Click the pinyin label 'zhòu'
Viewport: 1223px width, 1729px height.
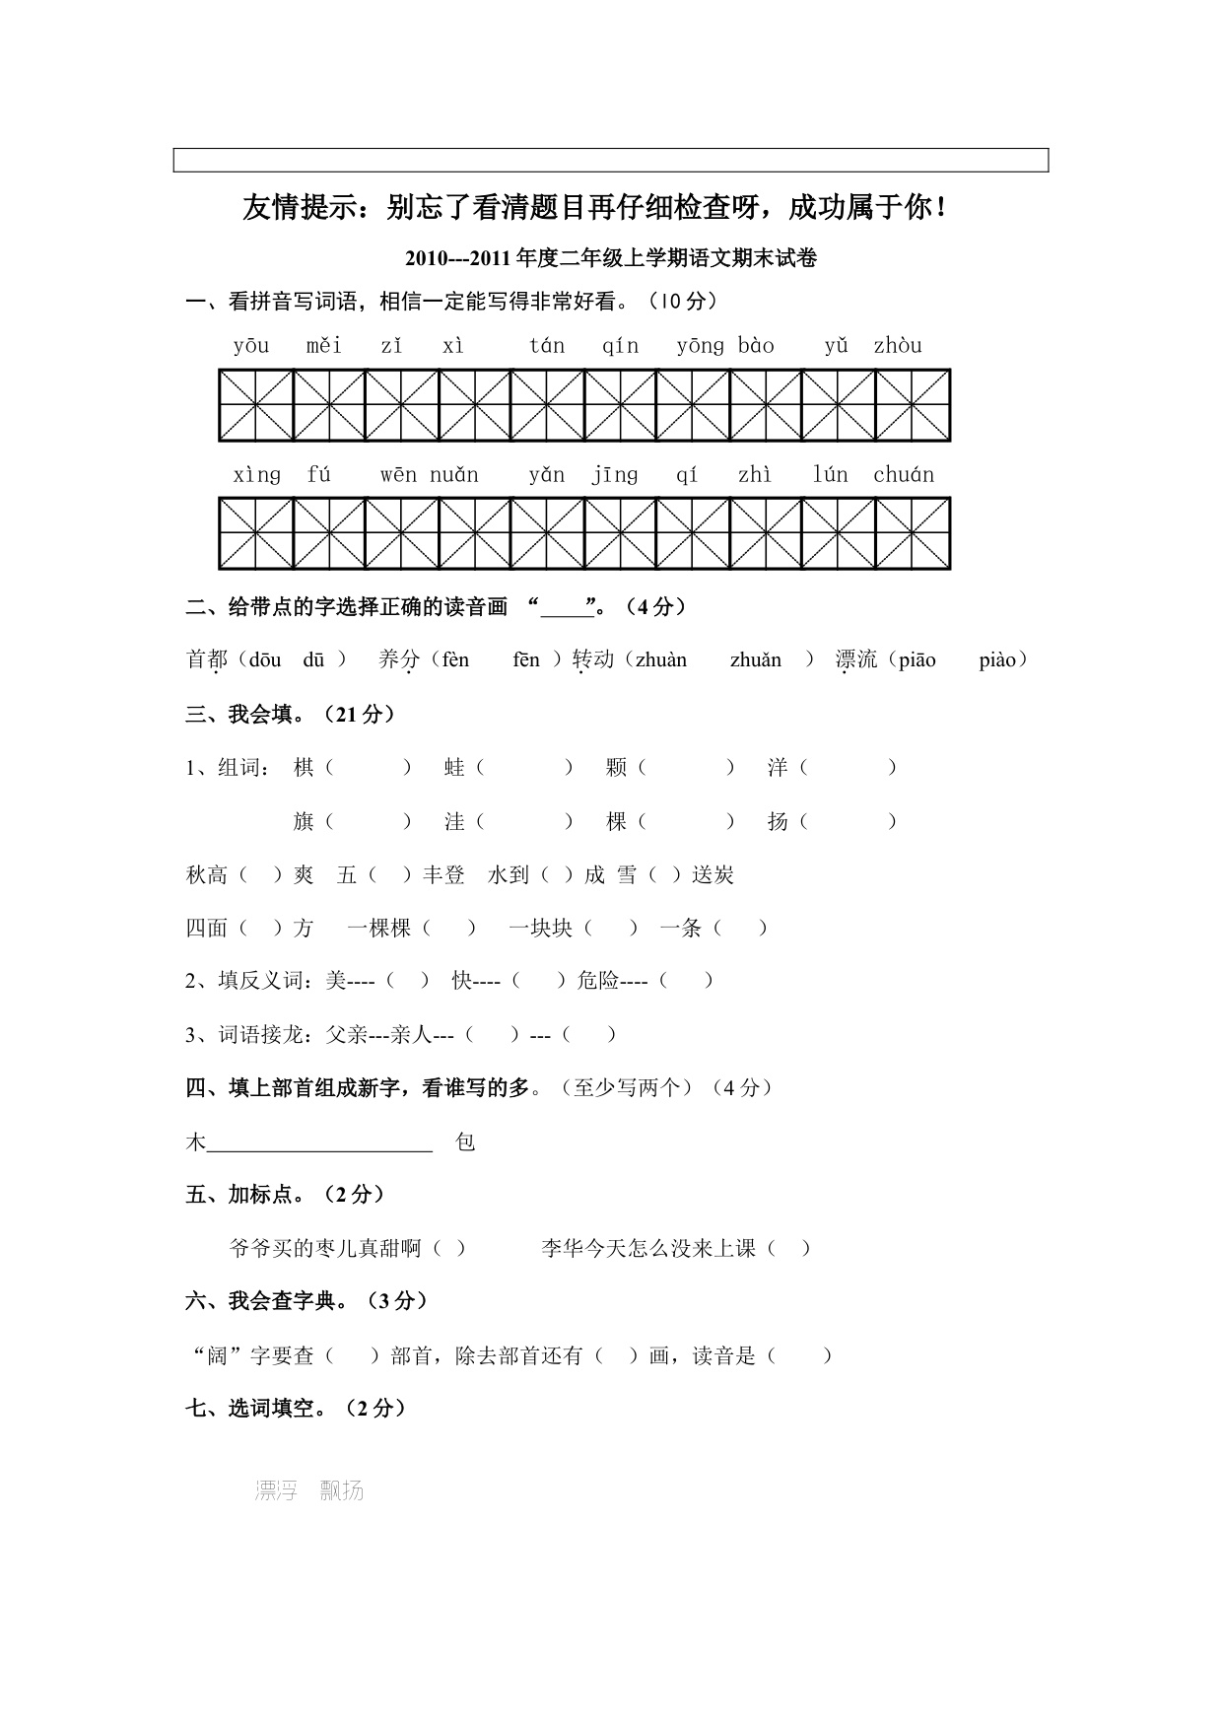(x=897, y=346)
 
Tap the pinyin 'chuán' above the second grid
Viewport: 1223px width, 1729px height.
(x=903, y=475)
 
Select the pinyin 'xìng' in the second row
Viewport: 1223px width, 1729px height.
(x=256, y=475)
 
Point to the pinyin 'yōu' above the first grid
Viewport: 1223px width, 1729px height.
(x=251, y=346)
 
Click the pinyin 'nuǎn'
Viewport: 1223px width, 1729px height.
(x=453, y=475)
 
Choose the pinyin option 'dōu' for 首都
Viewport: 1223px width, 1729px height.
(x=265, y=660)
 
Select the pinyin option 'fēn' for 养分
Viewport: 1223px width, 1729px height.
(x=526, y=660)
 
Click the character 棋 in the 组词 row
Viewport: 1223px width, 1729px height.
(x=304, y=768)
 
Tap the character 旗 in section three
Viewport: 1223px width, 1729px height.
(x=304, y=822)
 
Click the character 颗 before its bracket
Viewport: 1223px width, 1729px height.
(x=617, y=768)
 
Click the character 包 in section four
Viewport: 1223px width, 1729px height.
(x=465, y=1142)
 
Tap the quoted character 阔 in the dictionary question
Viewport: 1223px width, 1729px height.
(x=217, y=1356)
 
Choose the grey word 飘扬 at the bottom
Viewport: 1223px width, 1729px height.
(x=342, y=1491)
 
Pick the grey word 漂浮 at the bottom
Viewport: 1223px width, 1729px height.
(x=276, y=1491)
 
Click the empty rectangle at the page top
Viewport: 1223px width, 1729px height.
(x=611, y=160)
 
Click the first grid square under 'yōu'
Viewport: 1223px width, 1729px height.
(x=256, y=406)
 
